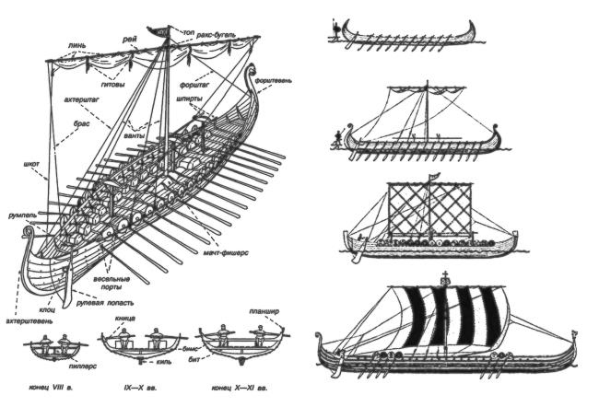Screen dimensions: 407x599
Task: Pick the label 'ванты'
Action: pos(138,135)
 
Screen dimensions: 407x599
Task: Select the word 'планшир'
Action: pos(264,311)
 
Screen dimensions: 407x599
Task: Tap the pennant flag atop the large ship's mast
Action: pos(164,28)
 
